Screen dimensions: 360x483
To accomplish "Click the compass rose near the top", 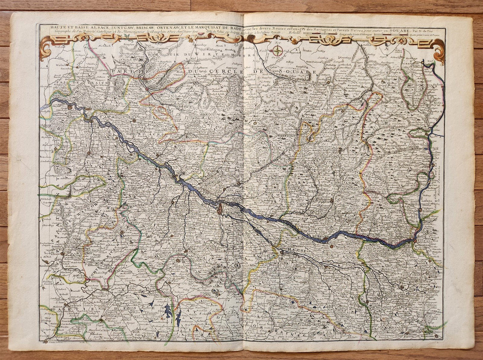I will pos(277,51).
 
